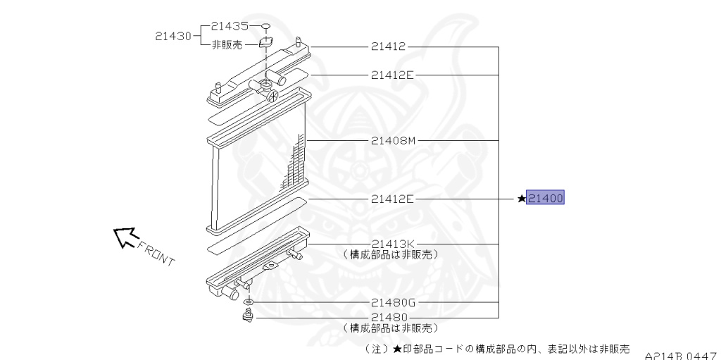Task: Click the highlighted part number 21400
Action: pos(545,198)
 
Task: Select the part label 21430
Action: pos(173,36)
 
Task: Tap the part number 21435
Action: pos(230,26)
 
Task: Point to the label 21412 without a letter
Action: pos(389,46)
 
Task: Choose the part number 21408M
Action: pos(394,140)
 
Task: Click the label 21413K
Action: pos(394,244)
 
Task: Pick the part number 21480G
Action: pos(394,302)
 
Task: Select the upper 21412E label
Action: pos(393,75)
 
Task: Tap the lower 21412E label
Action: pos(393,199)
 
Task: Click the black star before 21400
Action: pos(521,199)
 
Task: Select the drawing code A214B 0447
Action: pos(682,355)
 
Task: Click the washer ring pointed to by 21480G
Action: pos(249,302)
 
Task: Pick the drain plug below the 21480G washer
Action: pos(249,317)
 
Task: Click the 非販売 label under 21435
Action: pos(227,45)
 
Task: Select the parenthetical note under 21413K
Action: pos(390,254)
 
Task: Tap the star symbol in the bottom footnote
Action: pos(397,349)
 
